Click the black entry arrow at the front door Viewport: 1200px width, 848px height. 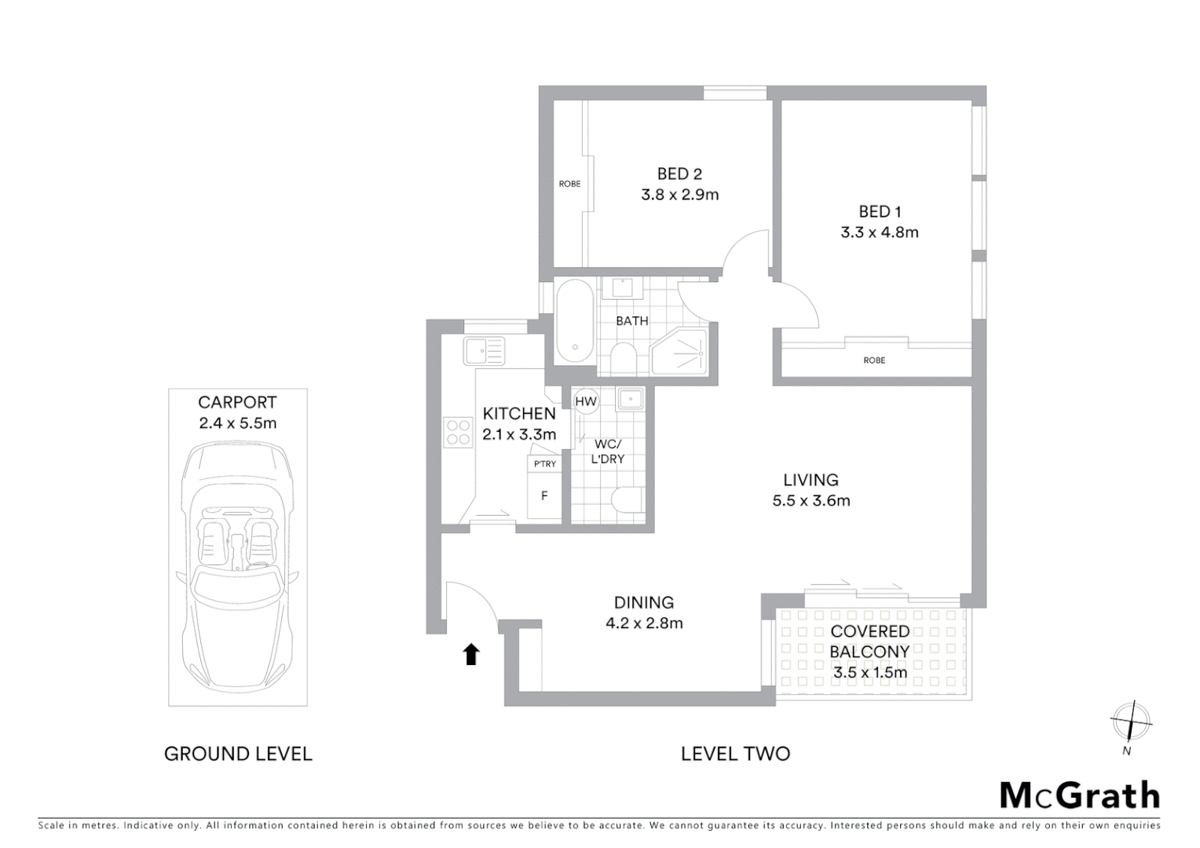(x=471, y=653)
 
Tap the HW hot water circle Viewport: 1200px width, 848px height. (x=586, y=401)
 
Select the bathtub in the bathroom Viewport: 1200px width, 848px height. (x=575, y=321)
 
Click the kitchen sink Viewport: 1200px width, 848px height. (x=484, y=350)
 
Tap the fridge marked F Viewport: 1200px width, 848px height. (x=544, y=496)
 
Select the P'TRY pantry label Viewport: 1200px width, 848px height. (x=544, y=464)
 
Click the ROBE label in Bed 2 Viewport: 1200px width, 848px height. (x=569, y=184)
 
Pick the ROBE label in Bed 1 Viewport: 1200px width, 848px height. (x=874, y=360)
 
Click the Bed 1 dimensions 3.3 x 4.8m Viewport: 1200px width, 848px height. (x=879, y=232)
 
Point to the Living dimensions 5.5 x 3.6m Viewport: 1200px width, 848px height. (x=810, y=501)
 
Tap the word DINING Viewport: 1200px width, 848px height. (x=644, y=602)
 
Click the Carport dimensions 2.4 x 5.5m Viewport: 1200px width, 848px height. (x=237, y=423)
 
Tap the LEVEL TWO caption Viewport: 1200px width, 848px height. (x=735, y=754)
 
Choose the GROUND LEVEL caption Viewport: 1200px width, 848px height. (x=238, y=754)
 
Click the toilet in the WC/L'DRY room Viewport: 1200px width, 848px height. (x=627, y=500)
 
